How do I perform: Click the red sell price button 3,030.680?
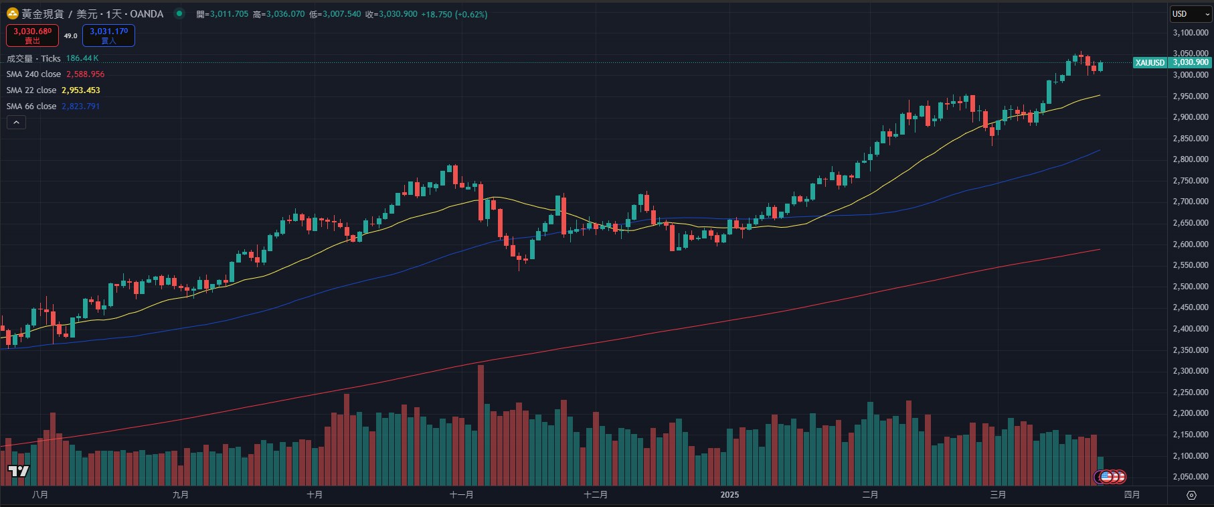32,35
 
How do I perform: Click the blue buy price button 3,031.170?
108,35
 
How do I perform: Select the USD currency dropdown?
1191,14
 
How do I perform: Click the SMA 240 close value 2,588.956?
85,74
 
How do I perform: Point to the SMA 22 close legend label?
31,90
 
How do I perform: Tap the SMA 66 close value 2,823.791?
80,106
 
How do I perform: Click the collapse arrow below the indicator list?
16,122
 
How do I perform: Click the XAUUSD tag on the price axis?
1150,63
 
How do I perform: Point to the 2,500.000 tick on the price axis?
1191,287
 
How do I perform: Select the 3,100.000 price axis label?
1191,33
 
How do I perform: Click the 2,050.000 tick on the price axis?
1191,477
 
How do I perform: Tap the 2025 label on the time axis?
729,495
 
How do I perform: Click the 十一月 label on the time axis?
461,495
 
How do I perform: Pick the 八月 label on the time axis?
40,495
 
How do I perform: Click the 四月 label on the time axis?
1132,495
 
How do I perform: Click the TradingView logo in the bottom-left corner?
19,472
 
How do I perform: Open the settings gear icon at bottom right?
1191,496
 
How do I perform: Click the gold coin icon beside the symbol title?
13,14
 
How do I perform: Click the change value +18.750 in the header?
436,14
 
